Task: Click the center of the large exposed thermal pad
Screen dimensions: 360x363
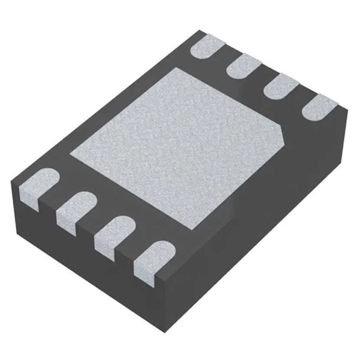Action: click(178, 145)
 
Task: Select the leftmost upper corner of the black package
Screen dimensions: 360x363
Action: click(11, 183)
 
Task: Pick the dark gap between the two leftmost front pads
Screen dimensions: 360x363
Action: click(52, 204)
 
